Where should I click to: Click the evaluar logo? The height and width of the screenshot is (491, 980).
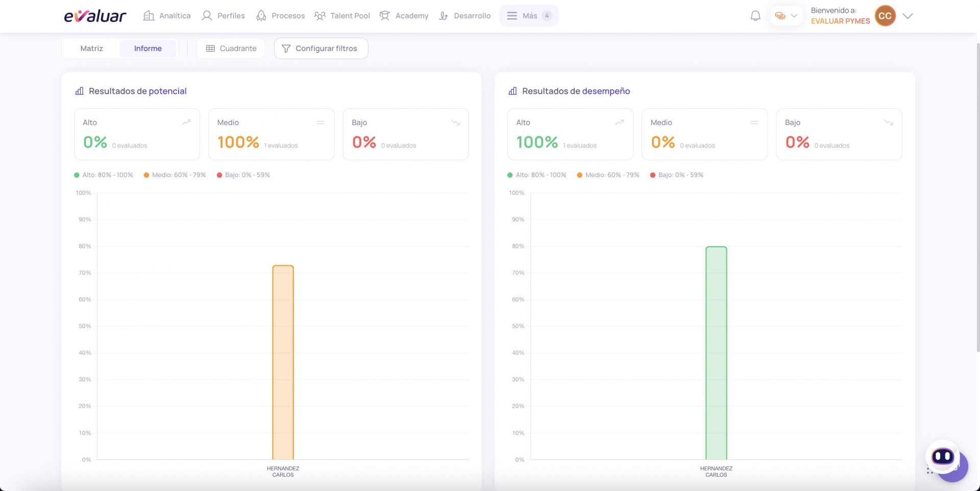[x=95, y=16]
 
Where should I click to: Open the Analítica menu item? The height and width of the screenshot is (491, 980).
[x=167, y=16]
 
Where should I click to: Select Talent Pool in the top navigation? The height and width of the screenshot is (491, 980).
[x=342, y=16]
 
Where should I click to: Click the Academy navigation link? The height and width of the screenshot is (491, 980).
[x=404, y=16]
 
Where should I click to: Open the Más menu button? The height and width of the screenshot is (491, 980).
[x=529, y=16]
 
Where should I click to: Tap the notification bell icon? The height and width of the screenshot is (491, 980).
[x=755, y=16]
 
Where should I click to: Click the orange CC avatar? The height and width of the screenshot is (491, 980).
[x=885, y=16]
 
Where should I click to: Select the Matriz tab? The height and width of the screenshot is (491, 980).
[x=92, y=48]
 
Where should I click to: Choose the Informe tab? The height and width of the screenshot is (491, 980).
[x=148, y=48]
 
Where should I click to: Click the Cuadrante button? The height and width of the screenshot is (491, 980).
[x=231, y=48]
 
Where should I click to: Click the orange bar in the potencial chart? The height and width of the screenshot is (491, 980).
[x=283, y=362]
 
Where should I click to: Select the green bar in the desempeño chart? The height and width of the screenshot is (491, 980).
[x=716, y=353]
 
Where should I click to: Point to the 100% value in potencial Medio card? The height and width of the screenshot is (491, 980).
[x=238, y=142]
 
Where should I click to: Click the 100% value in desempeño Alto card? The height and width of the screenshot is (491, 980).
[x=537, y=142]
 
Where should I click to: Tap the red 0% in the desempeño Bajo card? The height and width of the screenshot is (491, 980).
[x=797, y=142]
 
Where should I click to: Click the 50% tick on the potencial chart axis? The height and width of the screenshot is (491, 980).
[x=85, y=326]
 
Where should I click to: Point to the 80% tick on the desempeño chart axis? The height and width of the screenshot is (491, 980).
[x=518, y=246]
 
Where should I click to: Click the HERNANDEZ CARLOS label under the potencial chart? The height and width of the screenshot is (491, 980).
[x=283, y=472]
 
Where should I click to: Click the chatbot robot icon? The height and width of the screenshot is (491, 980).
[x=943, y=456]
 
